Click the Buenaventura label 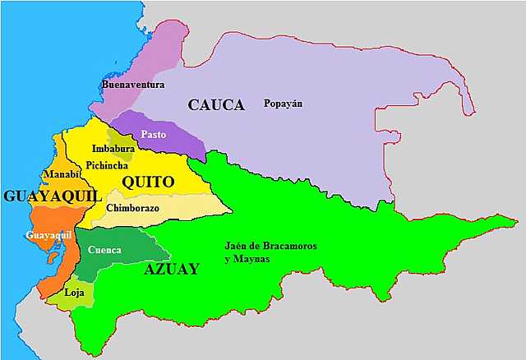tap(133, 85)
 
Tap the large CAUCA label tap(216, 105)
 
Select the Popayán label tap(283, 104)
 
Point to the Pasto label tap(154, 134)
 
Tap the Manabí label tap(62, 174)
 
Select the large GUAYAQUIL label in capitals tap(51, 196)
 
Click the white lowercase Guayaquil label tap(48, 236)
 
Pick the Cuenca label tap(104, 250)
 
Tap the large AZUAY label tap(171, 268)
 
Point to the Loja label tap(74, 292)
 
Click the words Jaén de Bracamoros tap(270, 247)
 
